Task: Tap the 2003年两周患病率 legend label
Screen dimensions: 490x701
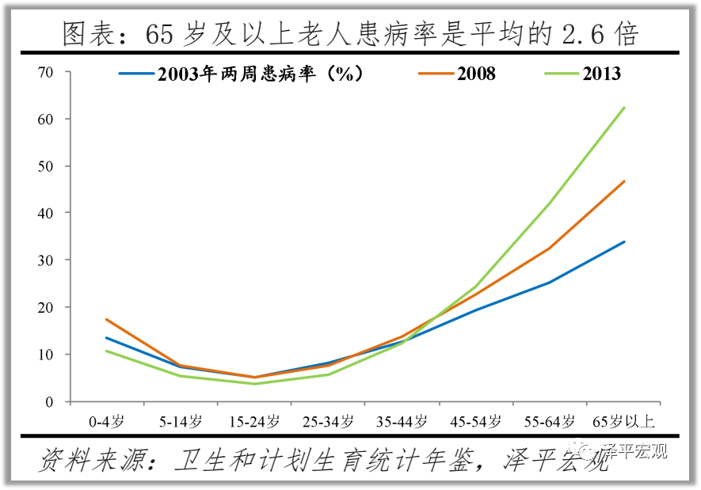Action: tap(260, 74)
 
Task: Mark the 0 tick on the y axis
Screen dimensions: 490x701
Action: tap(48, 401)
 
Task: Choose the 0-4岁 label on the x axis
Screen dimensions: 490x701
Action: tap(106, 420)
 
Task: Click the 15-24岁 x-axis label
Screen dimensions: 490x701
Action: tap(254, 420)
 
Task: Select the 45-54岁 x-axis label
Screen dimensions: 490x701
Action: tap(476, 420)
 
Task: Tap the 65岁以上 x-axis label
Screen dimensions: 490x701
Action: tap(624, 420)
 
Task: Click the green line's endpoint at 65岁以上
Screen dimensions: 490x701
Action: tap(624, 108)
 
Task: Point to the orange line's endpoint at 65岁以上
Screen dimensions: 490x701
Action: tap(624, 181)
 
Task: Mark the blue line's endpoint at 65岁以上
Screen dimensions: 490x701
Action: tap(624, 242)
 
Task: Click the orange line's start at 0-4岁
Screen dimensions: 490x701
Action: tap(106, 320)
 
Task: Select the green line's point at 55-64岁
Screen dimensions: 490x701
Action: tap(551, 203)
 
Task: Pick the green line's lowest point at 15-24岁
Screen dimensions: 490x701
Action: tap(254, 384)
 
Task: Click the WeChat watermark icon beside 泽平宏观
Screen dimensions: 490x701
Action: tap(589, 452)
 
